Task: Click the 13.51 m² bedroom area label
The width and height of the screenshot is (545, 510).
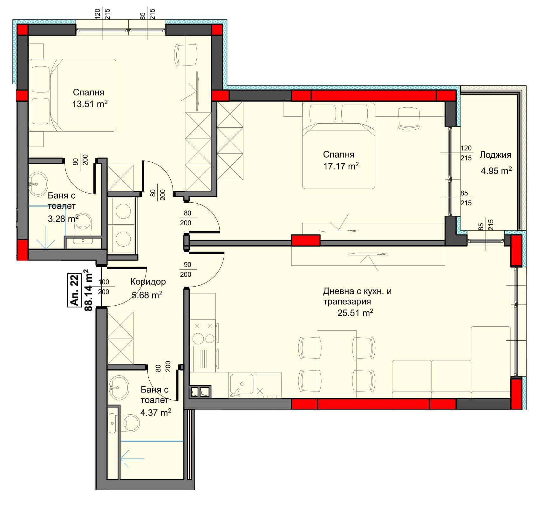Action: (90, 104)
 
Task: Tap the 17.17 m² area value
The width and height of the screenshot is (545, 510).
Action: (341, 166)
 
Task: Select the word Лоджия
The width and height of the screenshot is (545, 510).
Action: (495, 155)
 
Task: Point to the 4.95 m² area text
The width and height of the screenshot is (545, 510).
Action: (496, 171)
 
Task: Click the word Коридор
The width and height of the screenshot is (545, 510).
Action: (148, 282)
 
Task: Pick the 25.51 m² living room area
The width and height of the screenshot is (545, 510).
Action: (355, 313)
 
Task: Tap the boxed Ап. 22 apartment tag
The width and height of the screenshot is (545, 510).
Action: (74, 290)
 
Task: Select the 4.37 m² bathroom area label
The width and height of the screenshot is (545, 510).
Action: (156, 413)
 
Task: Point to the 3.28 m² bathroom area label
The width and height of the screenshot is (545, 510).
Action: (63, 219)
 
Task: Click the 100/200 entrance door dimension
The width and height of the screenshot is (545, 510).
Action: (104, 287)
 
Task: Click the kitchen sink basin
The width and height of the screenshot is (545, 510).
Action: (242, 384)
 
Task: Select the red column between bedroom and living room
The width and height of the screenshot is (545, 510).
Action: (305, 240)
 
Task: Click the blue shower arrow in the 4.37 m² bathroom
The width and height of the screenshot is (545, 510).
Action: (132, 459)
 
